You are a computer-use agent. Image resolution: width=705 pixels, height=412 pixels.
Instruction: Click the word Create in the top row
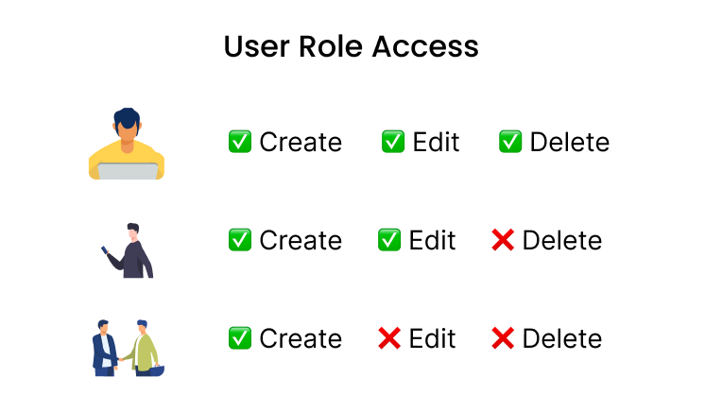301,143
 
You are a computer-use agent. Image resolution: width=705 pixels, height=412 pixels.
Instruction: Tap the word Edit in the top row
436,143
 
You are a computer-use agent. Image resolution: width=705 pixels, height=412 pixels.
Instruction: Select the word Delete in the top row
569,143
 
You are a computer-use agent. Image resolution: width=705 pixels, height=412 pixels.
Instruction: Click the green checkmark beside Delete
510,142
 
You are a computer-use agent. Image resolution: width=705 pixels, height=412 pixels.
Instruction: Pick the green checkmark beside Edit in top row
393,142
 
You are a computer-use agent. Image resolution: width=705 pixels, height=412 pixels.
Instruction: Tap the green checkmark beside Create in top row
240,142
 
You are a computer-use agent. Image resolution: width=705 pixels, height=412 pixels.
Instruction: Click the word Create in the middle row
301,241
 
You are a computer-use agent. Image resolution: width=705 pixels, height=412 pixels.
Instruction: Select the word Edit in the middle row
432,241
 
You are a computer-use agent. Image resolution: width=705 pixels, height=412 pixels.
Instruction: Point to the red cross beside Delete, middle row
503,240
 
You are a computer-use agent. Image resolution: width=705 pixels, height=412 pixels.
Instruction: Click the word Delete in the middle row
561,241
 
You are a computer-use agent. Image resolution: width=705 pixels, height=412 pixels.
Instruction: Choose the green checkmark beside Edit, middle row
389,240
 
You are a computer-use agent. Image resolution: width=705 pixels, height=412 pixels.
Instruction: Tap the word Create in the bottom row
301,338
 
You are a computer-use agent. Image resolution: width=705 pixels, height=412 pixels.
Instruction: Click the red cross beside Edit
389,337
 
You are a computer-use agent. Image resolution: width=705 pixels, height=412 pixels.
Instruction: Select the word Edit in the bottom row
432,338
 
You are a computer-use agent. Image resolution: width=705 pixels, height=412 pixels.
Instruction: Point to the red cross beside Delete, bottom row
503,337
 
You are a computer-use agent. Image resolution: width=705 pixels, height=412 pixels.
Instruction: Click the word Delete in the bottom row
561,338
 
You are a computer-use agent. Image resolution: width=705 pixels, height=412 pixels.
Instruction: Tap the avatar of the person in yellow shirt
127,142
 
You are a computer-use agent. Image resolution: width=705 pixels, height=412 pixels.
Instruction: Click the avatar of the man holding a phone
127,241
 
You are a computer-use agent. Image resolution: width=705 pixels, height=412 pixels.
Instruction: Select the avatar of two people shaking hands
127,338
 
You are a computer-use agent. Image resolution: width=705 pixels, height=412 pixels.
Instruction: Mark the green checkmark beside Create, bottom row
240,337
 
